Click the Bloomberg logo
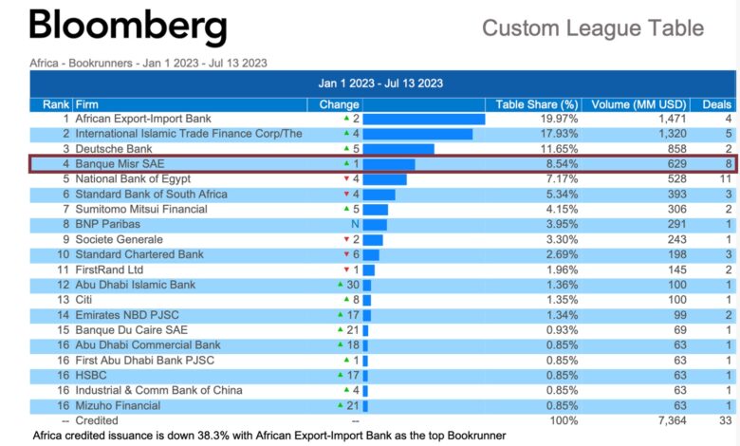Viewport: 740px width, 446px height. pos(129,27)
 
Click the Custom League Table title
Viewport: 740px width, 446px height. pos(593,28)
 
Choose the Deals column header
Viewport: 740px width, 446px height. pos(717,104)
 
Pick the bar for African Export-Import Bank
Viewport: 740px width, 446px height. pos(424,120)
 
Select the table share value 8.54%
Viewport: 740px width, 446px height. pos(559,164)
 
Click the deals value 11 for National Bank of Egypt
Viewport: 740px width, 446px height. pos(725,179)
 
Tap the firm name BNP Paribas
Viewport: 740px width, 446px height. pos(108,224)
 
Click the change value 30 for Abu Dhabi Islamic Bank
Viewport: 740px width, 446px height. pos(348,285)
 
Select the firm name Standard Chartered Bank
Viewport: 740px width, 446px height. pos(139,254)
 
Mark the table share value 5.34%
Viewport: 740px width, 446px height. pos(559,195)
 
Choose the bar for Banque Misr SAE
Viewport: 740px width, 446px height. pos(389,164)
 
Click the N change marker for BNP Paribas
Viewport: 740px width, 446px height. pos(356,224)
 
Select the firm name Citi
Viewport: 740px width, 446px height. pos(84,300)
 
